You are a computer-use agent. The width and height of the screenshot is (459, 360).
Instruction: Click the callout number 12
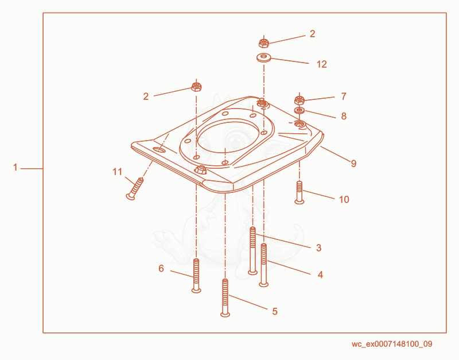click(322, 64)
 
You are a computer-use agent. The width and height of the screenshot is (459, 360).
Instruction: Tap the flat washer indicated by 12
click(264, 57)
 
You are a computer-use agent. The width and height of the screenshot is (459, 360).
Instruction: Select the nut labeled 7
click(299, 100)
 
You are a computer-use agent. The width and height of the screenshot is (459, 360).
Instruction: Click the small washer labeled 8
click(299, 111)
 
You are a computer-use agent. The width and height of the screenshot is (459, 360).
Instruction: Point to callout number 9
click(353, 164)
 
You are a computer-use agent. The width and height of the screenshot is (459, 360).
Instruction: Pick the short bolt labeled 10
click(299, 192)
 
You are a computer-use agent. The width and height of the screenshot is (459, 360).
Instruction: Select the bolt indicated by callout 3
click(252, 251)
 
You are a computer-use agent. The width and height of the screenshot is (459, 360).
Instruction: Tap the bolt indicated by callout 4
click(264, 265)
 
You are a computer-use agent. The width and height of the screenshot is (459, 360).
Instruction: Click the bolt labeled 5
click(225, 297)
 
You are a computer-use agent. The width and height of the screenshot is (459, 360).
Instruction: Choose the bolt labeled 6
click(196, 276)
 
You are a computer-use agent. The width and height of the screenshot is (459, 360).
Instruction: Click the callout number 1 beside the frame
click(15, 168)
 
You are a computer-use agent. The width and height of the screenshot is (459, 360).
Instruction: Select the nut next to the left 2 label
click(196, 87)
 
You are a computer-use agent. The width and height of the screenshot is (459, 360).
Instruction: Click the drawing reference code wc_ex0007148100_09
click(392, 344)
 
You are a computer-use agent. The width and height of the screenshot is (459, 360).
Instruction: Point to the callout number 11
click(118, 172)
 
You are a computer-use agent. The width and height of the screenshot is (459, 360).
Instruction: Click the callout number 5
click(275, 311)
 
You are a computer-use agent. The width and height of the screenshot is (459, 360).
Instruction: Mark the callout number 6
click(161, 268)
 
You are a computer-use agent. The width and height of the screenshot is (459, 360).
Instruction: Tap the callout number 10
click(344, 199)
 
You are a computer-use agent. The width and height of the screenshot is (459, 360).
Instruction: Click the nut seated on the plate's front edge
click(201, 169)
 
